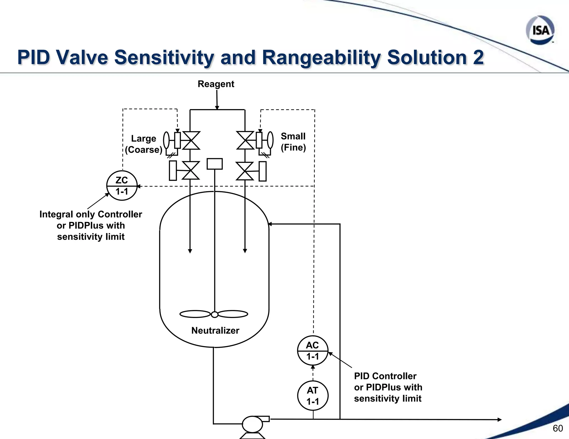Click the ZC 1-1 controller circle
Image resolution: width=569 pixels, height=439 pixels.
point(122,186)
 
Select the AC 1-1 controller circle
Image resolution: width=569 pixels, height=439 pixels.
point(313,351)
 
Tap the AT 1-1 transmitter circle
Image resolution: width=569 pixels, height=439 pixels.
point(313,396)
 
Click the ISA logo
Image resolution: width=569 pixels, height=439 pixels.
point(540,30)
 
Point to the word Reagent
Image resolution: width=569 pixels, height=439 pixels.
point(216,84)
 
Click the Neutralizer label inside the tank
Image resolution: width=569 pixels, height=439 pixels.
point(215,330)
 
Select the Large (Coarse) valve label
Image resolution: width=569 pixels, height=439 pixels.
point(143,144)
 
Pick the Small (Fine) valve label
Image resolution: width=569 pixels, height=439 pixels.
point(293,142)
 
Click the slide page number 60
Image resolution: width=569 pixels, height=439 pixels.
point(558,428)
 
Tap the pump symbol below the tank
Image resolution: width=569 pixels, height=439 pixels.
point(253,425)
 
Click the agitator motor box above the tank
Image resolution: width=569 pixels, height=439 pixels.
point(214,164)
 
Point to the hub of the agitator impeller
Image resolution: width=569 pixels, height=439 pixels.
point(214,314)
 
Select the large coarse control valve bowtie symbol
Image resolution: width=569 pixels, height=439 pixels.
point(191,140)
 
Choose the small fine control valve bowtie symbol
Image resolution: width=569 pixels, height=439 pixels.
point(245,140)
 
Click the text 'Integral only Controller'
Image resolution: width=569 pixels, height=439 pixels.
point(91,214)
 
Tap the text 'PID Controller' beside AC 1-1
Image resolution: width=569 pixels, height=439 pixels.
point(385,376)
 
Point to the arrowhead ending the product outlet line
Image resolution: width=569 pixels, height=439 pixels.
point(499,420)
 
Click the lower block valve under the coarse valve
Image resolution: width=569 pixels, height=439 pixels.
point(191,170)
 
